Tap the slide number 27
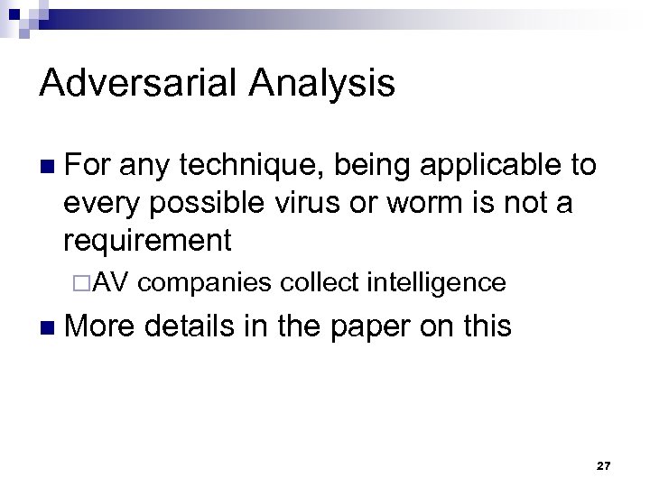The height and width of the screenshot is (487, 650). pyautogui.click(x=604, y=465)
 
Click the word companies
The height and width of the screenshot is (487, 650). pyautogui.click(x=206, y=283)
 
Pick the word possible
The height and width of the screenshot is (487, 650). pyautogui.click(x=194, y=203)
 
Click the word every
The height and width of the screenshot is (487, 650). pyautogui.click(x=99, y=203)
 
